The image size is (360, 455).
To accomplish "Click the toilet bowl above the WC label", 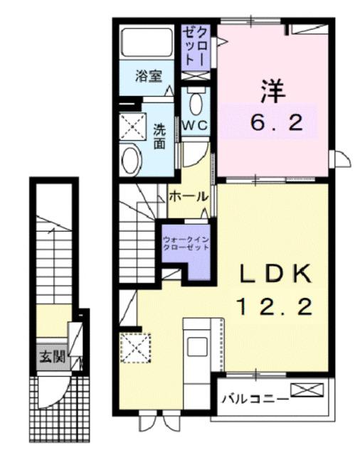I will click(x=196, y=104).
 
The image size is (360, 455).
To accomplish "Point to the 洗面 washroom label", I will click(x=160, y=136).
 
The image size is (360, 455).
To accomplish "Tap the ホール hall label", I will click(x=189, y=196).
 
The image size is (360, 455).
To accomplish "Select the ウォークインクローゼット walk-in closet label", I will click(x=186, y=244).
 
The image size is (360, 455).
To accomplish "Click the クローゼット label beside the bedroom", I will click(x=197, y=46).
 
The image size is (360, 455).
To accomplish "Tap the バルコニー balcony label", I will click(x=254, y=399).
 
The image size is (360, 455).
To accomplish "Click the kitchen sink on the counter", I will click(x=196, y=348).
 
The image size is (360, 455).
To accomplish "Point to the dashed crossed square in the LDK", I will click(x=132, y=348).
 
